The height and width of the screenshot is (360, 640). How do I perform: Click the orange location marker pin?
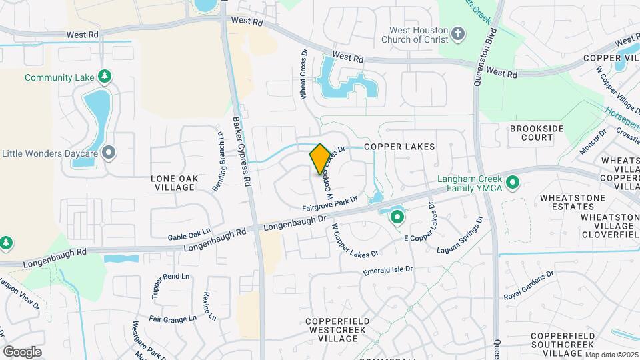point(320,159)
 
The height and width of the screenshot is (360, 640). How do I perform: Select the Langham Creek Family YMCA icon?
point(513,182)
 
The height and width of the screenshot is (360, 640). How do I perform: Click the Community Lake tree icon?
point(104,77)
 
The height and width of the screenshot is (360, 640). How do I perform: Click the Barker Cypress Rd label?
point(241,152)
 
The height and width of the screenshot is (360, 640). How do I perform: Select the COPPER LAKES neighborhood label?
point(399,147)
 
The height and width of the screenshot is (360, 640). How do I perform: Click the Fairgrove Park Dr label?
point(330,203)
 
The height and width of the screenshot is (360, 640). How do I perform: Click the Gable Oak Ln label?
point(189,235)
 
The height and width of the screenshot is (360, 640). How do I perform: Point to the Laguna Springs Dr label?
point(459,239)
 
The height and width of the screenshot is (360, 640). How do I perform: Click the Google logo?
point(22,352)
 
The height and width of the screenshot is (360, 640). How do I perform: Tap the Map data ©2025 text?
point(611,355)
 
